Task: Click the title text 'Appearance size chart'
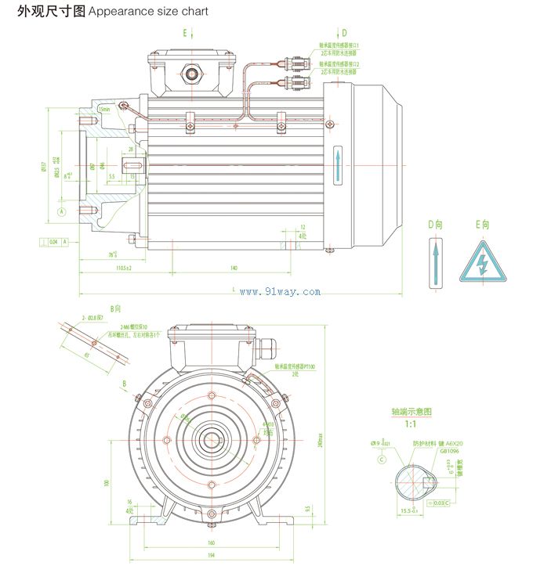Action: pos(149,12)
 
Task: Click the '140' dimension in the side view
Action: pos(234,269)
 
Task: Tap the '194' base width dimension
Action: pos(211,555)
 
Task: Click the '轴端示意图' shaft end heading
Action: pos(412,412)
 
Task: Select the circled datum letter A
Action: pos(62,212)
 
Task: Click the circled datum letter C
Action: pos(382,460)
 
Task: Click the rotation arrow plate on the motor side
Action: pos(338,166)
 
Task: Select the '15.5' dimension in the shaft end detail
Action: pos(407,510)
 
